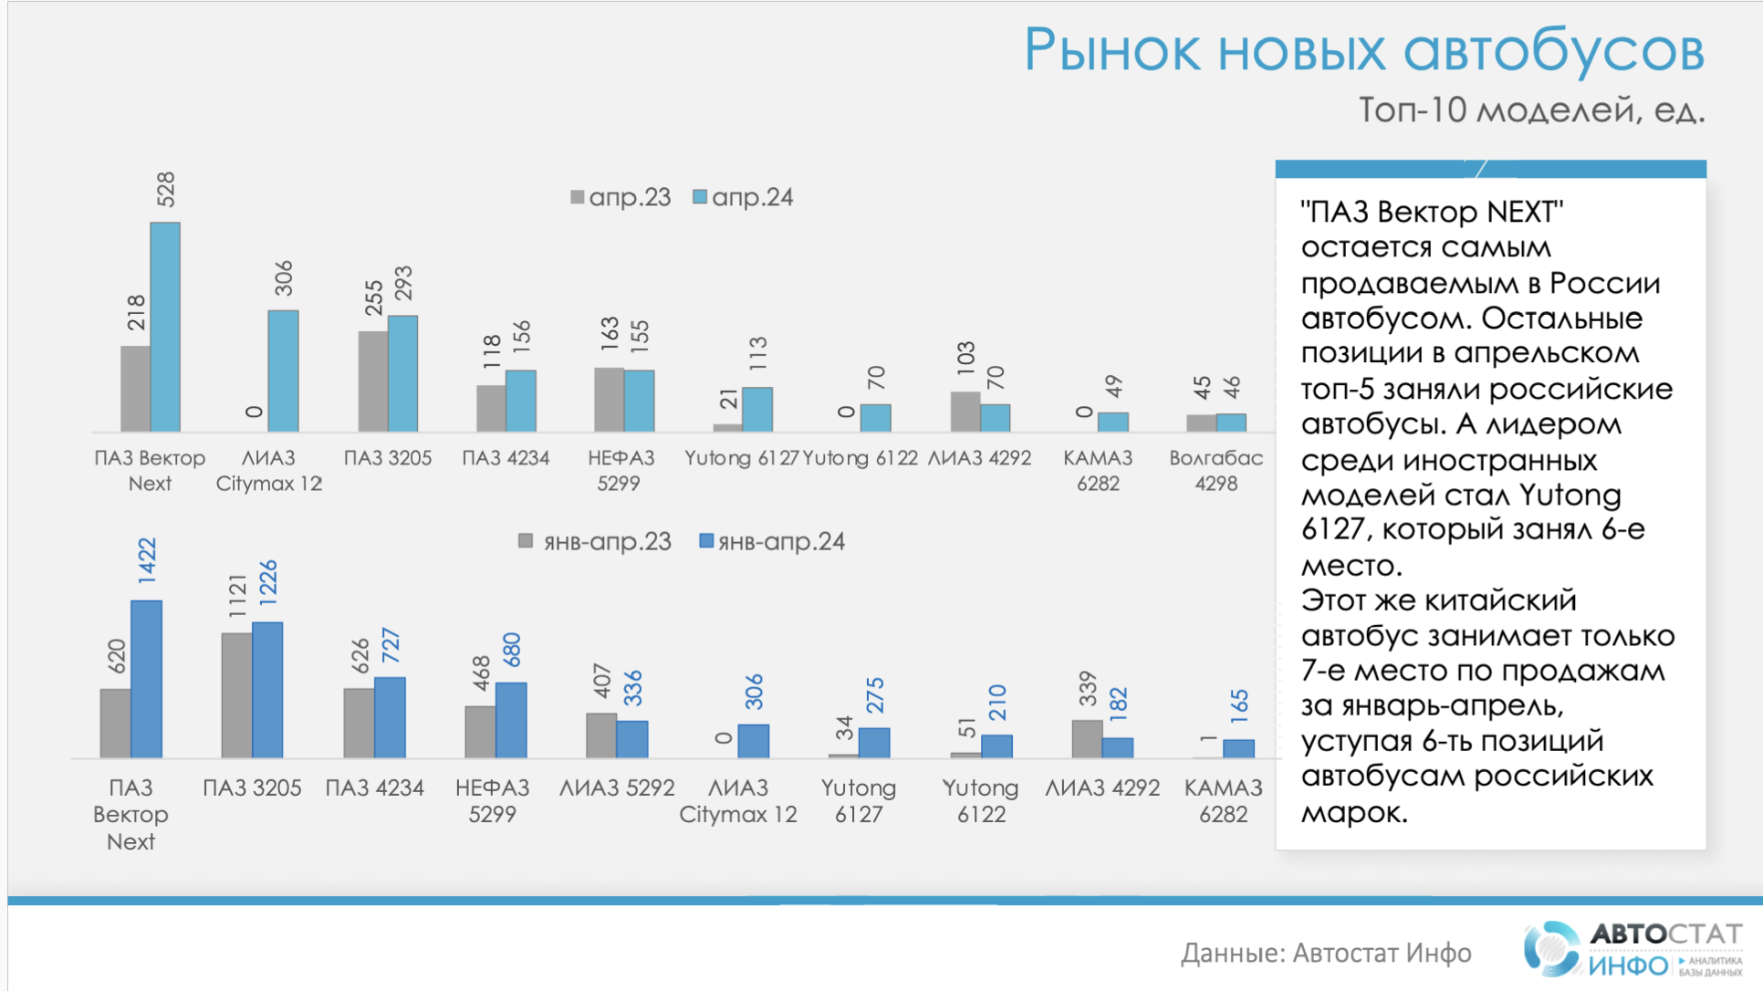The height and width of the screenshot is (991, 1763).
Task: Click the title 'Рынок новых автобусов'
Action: point(1363,49)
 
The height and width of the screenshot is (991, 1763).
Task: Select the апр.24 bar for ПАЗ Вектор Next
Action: point(165,327)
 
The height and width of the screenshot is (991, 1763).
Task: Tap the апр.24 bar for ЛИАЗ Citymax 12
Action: point(283,370)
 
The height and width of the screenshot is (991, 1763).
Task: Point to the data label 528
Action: point(166,189)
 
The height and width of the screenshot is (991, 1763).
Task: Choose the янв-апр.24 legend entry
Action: point(772,542)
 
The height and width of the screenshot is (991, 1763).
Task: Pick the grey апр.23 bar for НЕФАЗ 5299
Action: point(609,400)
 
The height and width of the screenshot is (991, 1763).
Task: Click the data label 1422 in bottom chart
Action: point(147,560)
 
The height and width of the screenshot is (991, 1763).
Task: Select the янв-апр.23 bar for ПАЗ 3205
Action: point(236,695)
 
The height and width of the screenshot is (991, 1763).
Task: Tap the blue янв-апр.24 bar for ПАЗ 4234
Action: point(390,717)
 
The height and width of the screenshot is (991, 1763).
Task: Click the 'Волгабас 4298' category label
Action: point(1215,470)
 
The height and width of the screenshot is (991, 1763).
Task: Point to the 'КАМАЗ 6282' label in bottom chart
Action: point(1223,800)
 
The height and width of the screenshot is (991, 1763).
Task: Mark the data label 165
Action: point(1238,706)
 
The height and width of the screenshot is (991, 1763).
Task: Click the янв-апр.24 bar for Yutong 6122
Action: point(996,746)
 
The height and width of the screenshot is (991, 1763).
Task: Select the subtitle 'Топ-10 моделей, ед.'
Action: point(1531,110)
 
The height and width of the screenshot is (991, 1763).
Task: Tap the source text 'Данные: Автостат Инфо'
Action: point(1325,953)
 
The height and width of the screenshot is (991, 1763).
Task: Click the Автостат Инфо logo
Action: point(1632,949)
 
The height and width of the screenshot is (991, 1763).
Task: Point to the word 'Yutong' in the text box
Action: point(1570,495)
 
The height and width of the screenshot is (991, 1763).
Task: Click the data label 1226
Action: point(268,582)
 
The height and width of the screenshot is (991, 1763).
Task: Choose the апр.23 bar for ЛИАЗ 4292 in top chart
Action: point(965,412)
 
